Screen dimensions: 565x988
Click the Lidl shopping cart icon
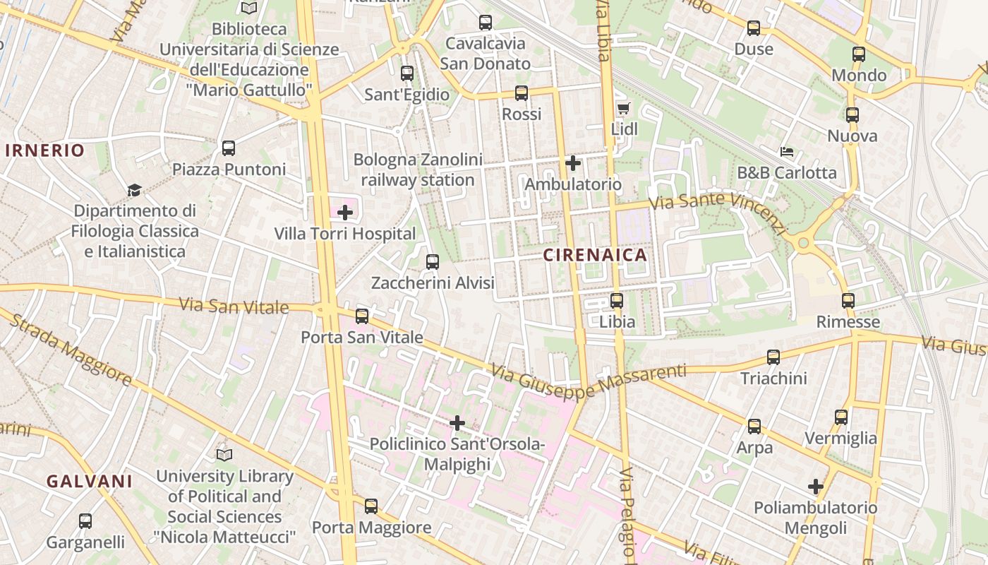coord(622,108)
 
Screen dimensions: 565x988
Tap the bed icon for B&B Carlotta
coord(787,152)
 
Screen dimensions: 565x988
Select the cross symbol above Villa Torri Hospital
coord(345,213)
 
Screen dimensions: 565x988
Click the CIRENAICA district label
coord(595,256)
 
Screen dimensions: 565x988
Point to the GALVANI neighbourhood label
coord(90,482)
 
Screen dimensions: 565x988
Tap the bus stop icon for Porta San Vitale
coord(362,316)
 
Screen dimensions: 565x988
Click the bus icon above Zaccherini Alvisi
coord(433,262)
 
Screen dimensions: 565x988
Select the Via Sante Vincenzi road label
coord(717,212)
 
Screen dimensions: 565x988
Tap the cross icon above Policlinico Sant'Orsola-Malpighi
coord(457,423)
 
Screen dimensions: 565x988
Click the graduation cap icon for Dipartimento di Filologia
coord(134,190)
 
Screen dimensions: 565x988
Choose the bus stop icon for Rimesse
coord(848,301)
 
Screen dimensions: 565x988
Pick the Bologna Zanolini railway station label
coord(418,169)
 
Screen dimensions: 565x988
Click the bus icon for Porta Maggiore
coord(371,506)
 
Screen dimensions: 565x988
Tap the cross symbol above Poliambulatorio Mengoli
coord(816,487)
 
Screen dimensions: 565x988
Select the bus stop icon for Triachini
coord(773,357)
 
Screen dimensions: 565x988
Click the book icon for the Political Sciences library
coord(224,455)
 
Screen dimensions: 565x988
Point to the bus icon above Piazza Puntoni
coord(229,148)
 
